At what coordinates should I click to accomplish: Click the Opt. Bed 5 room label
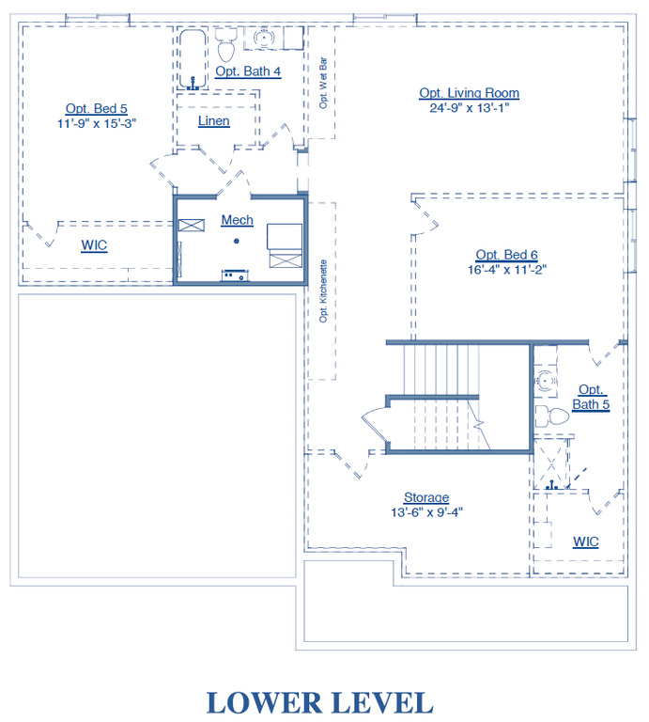click(96, 109)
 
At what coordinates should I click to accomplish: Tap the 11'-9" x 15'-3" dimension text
click(97, 123)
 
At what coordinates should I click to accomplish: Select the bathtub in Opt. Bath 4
click(193, 59)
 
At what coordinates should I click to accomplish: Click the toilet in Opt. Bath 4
click(225, 45)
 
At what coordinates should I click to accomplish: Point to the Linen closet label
click(214, 120)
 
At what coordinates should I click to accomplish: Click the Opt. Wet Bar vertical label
click(323, 83)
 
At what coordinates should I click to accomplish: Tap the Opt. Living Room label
click(470, 93)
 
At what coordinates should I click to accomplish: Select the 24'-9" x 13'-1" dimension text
click(470, 108)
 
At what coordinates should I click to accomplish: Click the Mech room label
click(238, 220)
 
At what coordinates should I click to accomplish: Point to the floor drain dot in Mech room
click(237, 241)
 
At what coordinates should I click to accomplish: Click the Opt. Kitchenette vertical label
click(323, 291)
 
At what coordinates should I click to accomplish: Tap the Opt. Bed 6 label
click(507, 255)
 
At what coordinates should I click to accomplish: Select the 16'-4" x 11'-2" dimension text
click(507, 270)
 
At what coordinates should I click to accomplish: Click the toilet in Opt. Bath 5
click(552, 416)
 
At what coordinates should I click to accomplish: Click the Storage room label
click(426, 497)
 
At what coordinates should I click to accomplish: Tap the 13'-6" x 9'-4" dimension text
click(426, 512)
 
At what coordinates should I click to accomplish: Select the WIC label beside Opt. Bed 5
click(94, 245)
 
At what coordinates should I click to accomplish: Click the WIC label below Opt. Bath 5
click(586, 541)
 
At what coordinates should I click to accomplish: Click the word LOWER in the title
click(265, 703)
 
